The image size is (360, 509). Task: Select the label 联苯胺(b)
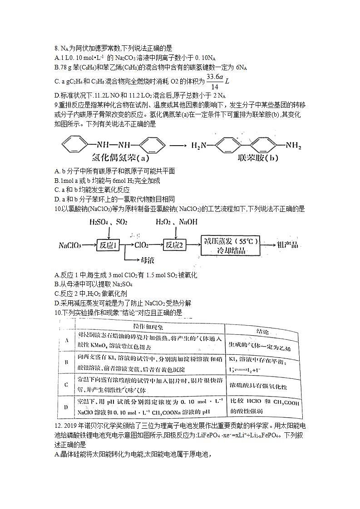(257, 158)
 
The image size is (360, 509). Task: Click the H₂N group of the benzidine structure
(200, 146)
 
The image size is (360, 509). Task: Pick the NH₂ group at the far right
(293, 146)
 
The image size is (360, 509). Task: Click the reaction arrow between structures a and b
(178, 146)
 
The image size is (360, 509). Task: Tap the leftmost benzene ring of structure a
(73, 146)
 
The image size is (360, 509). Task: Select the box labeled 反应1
(109, 245)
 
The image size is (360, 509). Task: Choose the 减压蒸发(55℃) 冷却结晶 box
(231, 245)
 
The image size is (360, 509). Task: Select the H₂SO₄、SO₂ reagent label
(108, 222)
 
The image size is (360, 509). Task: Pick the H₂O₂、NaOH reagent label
(173, 222)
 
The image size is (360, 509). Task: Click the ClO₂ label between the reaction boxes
(142, 245)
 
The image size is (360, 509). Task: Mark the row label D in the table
(66, 406)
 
